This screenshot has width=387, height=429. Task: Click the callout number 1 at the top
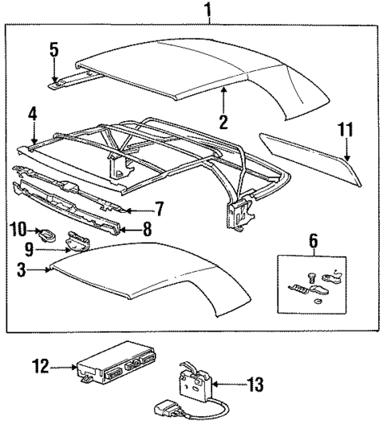pyautogui.click(x=208, y=10)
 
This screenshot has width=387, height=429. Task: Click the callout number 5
pyautogui.click(x=53, y=49)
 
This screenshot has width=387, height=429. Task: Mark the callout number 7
pyautogui.click(x=159, y=210)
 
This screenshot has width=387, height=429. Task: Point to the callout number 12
pyautogui.click(x=38, y=367)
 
